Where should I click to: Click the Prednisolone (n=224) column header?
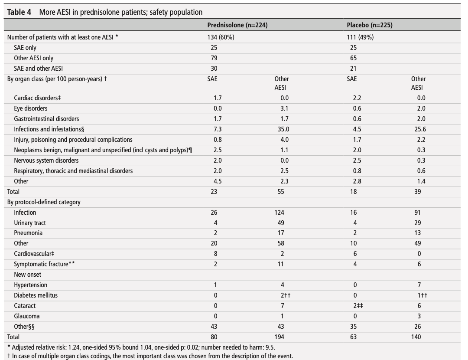coord(237,25)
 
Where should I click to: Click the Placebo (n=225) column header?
coord(370,25)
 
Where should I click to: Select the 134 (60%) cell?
coord(221,37)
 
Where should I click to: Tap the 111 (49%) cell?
coord(360,37)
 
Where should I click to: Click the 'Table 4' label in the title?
coord(19,12)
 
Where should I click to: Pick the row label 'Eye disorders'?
coord(30,108)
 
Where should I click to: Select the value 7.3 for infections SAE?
coord(218,129)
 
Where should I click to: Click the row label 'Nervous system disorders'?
coord(46,160)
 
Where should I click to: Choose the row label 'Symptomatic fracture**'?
coord(44,264)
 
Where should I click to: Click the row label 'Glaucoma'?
coord(26,316)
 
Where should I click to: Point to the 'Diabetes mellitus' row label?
coord(36,295)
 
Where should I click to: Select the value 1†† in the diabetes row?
coord(422,295)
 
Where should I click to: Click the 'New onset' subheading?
coord(27,275)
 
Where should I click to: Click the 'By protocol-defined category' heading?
coord(44,202)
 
